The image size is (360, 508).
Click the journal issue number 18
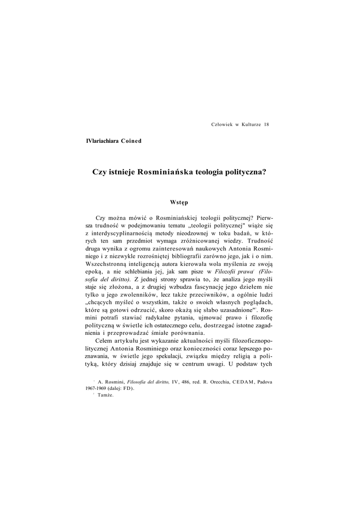point(267,124)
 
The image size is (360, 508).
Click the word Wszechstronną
point(106,265)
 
